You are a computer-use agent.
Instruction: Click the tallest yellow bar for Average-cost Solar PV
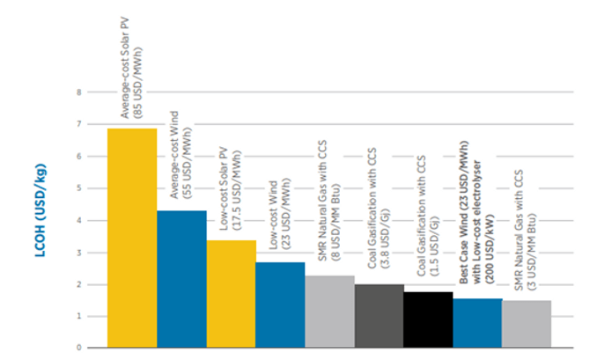tap(132, 238)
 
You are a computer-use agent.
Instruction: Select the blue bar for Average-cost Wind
tap(181, 279)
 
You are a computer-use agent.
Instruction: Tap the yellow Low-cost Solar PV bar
tap(231, 294)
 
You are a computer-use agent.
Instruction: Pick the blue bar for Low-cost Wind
tap(280, 305)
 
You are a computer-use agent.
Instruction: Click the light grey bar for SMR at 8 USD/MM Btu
tap(330, 312)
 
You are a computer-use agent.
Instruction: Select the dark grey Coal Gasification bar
tap(379, 316)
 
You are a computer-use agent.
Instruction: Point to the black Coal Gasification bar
tap(428, 320)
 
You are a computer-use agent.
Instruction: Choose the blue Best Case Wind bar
tap(477, 323)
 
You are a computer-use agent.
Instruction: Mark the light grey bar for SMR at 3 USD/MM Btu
tap(527, 324)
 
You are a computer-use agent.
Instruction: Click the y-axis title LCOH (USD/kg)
tap(41, 210)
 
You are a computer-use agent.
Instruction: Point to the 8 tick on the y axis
tap(79, 92)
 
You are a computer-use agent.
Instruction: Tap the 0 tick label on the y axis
tap(79, 347)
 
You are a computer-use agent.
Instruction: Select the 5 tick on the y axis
tap(79, 188)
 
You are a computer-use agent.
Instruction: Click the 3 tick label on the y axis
tap(79, 253)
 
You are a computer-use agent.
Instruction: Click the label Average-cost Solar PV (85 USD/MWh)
tap(131, 69)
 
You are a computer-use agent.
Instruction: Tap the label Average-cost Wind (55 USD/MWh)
tap(181, 155)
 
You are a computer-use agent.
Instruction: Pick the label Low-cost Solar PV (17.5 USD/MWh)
tap(231, 188)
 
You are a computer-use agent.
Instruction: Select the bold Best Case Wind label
tap(476, 212)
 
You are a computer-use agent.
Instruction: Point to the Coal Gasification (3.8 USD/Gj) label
tap(379, 209)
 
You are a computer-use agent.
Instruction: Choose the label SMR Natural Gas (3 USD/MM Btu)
tap(526, 230)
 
